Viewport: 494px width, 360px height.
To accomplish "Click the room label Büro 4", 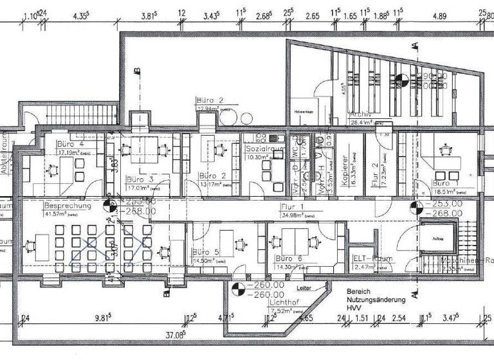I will point(71,145).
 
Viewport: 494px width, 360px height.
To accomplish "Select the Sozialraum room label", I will point(266,148).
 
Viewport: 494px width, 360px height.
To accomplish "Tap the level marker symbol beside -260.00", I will point(237,290).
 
